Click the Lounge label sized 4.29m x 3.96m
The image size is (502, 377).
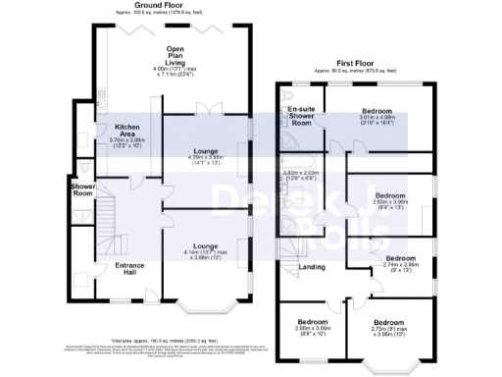[x=206, y=151]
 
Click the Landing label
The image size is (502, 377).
[x=312, y=266]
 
